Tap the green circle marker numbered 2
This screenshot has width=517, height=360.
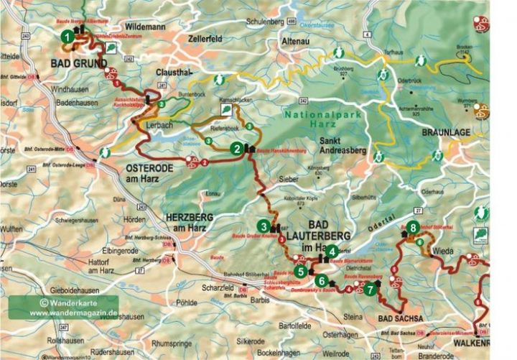pos(236,149)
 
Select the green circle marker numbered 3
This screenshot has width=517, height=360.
pos(264,226)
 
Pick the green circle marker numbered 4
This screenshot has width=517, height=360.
pos(332,251)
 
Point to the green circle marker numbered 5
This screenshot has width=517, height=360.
pos(301,272)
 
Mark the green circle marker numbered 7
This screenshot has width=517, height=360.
pos(369,290)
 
